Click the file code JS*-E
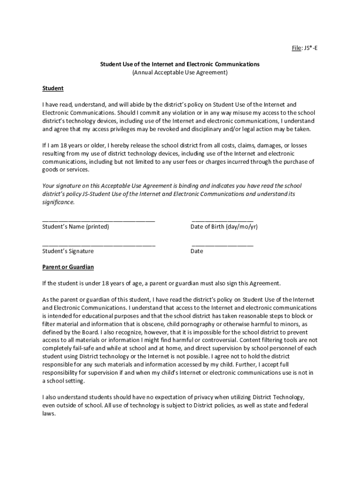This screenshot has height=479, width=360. click(311, 48)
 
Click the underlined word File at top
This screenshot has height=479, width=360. click(296, 48)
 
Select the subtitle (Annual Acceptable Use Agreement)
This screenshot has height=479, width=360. click(180, 73)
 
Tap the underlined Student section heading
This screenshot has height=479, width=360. click(53, 88)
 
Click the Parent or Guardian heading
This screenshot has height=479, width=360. click(68, 267)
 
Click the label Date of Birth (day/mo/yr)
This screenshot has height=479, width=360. click(224, 227)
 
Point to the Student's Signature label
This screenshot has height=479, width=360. click(68, 251)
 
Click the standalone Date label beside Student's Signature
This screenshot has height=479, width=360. click(197, 251)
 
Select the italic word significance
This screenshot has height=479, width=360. click(58, 203)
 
